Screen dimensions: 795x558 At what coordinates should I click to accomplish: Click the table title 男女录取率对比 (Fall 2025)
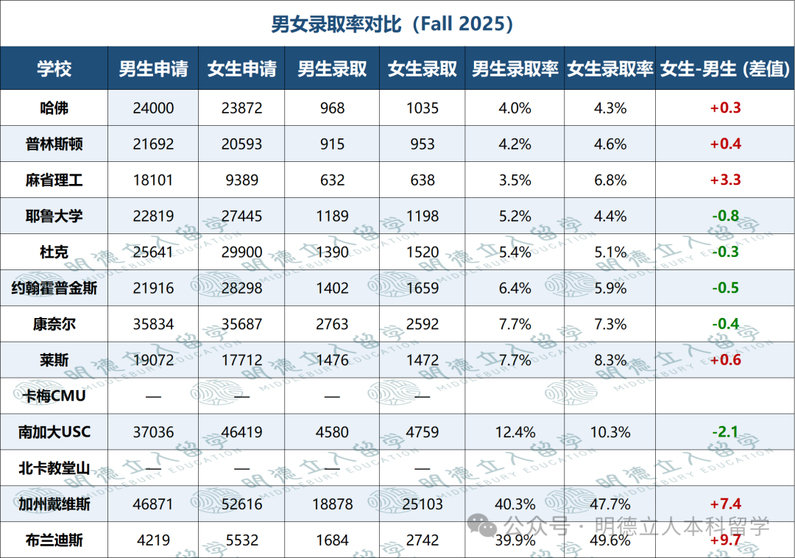[392, 24]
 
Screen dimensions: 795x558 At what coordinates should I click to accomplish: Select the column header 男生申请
[153, 68]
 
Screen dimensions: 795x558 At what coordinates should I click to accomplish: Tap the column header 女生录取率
[610, 68]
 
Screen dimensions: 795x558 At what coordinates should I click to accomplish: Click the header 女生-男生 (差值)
[725, 68]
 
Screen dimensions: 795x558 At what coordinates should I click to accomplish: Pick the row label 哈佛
[54, 108]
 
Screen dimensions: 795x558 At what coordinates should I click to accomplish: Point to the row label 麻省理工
[54, 180]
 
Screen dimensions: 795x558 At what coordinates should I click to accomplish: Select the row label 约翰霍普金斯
[54, 288]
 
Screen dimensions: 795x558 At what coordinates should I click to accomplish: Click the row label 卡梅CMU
[54, 396]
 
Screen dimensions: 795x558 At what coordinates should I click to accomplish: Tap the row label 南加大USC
[54, 432]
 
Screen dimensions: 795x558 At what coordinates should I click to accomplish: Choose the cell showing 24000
[153, 108]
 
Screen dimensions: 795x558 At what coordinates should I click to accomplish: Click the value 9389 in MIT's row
[242, 180]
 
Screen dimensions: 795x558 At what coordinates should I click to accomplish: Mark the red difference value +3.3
[726, 180]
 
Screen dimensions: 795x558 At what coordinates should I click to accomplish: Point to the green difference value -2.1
[726, 432]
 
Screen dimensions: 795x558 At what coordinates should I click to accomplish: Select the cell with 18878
[332, 504]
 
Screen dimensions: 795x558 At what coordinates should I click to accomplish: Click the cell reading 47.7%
[610, 504]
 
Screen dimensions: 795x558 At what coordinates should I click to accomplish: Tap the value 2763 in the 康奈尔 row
[332, 324]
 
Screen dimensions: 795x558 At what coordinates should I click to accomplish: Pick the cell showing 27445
[242, 216]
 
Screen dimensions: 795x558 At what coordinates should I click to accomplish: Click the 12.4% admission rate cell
[515, 432]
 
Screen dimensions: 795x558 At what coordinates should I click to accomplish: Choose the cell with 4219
[153, 540]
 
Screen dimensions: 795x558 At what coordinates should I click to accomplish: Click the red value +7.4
[726, 504]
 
